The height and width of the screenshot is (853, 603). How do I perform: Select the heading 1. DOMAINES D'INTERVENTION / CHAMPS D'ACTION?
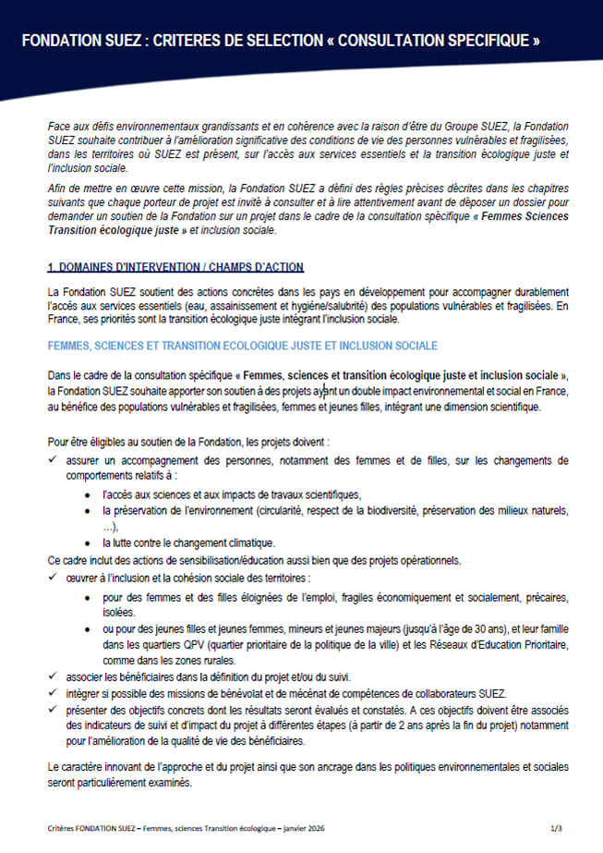tap(175, 267)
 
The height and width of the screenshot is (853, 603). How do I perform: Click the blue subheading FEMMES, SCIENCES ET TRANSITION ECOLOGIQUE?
tap(243, 345)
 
